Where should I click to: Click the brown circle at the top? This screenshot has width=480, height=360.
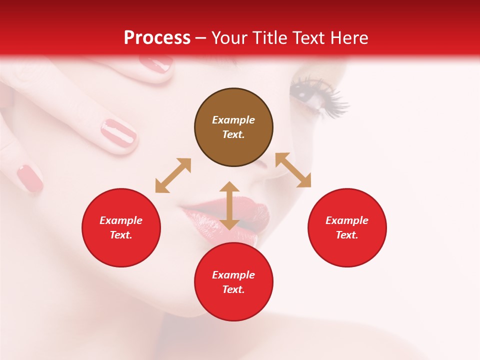pos(233,127)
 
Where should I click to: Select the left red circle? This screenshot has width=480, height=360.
pos(121,228)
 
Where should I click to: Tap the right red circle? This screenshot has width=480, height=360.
pos(347,228)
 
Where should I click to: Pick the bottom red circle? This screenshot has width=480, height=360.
pos(233,282)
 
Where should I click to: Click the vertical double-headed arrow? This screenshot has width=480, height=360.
pos(229,205)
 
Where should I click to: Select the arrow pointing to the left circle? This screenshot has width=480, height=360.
pos(173,175)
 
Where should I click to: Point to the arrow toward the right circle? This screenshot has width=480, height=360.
pos(293,170)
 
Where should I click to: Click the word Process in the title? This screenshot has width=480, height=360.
pos(157,38)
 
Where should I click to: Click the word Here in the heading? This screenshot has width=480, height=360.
pos(349,38)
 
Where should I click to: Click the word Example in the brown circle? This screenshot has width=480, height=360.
pos(233,120)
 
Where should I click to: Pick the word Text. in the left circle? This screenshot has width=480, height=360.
pos(121,235)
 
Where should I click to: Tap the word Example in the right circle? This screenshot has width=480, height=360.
pos(347,220)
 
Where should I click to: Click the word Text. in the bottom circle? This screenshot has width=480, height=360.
pos(233,289)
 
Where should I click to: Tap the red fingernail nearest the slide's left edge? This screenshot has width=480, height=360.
pos(29,178)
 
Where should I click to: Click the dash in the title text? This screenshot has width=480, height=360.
pos(201,38)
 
